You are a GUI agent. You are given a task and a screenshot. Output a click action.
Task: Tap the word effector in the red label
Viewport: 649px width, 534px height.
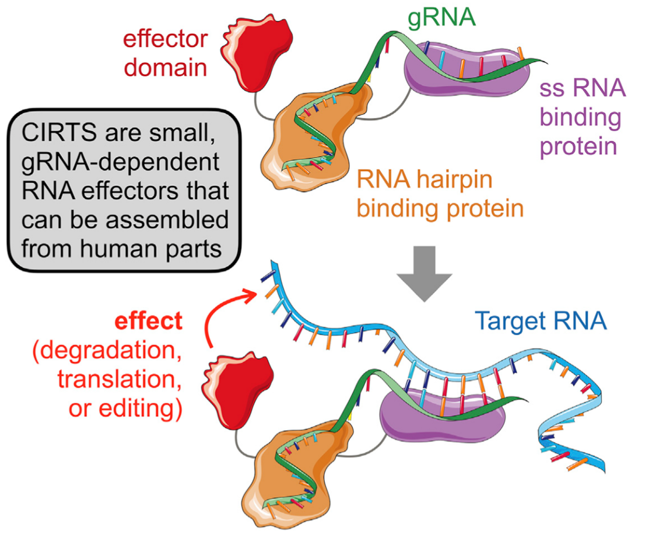(166, 39)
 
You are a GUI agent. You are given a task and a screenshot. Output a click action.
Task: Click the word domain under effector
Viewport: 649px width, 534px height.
(166, 67)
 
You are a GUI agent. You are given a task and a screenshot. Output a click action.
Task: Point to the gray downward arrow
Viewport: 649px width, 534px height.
(425, 274)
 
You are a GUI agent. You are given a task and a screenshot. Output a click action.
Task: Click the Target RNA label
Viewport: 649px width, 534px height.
(541, 320)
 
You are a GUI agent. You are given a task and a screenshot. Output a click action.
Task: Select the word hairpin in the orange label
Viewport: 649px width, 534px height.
(454, 180)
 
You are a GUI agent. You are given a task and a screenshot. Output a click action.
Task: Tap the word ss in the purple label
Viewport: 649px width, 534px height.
(553, 89)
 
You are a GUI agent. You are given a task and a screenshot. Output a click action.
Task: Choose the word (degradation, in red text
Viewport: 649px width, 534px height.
(107, 351)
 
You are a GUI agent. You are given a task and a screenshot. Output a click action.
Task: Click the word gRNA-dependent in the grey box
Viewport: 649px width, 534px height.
(121, 162)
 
